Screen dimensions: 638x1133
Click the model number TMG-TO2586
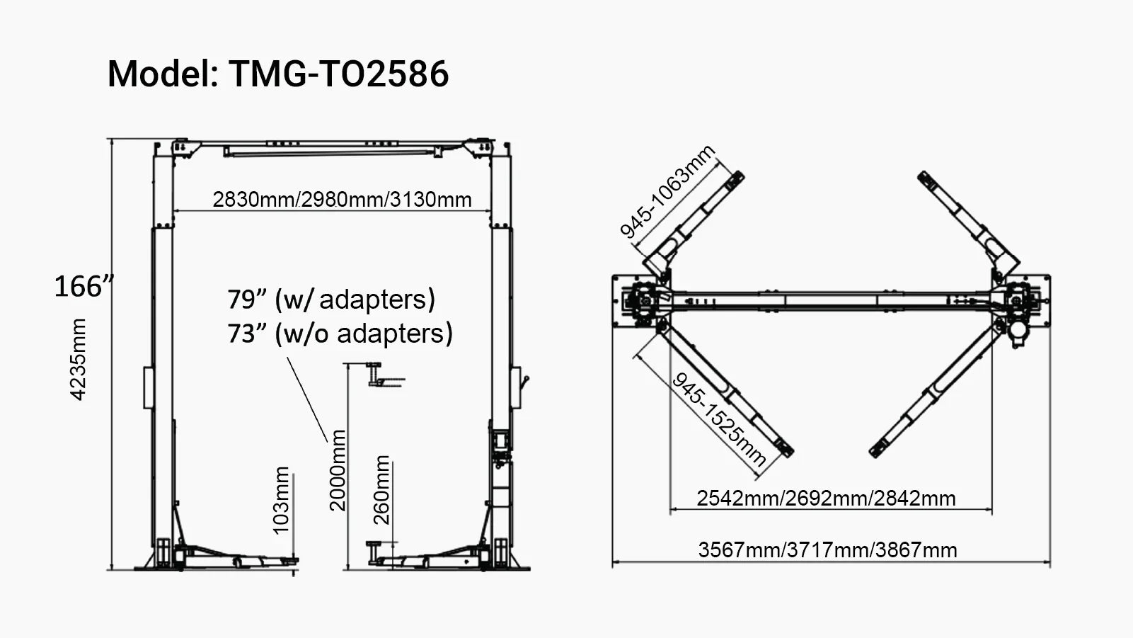tap(338, 74)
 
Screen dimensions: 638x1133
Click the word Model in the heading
tap(161, 74)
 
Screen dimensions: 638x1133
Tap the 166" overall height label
tap(84, 287)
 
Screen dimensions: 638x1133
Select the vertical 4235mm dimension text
tap(78, 359)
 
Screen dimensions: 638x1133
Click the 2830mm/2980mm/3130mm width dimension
tap(342, 200)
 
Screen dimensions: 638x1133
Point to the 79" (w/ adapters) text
tap(330, 300)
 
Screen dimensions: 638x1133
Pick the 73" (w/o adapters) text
tap(340, 333)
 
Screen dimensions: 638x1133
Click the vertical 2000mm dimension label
tap(338, 469)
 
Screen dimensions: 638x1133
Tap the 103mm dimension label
tap(281, 500)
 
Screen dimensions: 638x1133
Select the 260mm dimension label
tap(381, 489)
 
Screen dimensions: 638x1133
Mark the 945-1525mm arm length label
tap(719, 419)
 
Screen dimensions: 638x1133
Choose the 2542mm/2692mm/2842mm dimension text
tap(826, 499)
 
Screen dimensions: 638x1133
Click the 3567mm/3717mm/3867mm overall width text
tap(827, 550)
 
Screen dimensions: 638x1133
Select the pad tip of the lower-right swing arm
tap(879, 448)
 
